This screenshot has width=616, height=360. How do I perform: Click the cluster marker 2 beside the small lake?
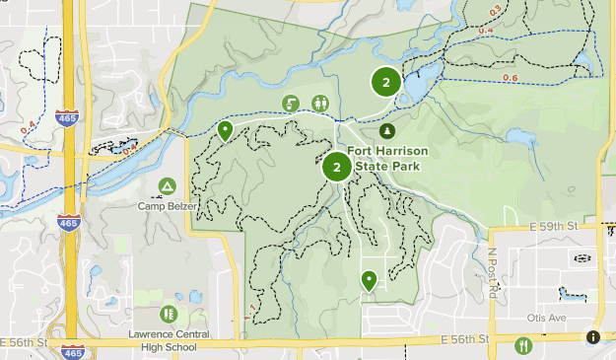coord(385,83)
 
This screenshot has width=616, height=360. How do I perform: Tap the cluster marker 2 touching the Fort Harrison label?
coord(337,167)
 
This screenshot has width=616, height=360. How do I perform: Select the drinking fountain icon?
coord(291,104)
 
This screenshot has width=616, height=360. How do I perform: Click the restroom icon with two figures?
coord(320,104)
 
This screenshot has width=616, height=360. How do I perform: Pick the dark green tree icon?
coord(386,130)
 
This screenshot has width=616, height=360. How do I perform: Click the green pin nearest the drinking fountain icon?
coord(226,130)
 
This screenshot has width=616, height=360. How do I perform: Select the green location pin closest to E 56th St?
coord(369,281)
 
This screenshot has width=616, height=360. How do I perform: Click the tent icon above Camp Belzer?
coord(168,185)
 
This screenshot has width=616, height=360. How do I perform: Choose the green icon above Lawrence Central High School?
coord(169,314)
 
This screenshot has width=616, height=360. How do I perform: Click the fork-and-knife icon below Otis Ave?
coord(523,344)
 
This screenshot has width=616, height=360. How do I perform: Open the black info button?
coord(593,336)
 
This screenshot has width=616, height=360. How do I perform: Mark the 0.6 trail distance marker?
coord(511,78)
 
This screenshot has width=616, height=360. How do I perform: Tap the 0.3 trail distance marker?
coord(496,11)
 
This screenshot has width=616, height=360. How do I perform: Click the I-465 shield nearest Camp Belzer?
coord(69,223)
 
